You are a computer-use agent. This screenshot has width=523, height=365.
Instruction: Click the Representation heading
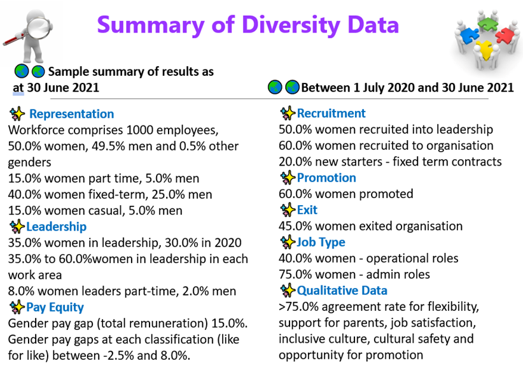(71, 114)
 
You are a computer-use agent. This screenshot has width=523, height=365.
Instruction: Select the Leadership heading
(56, 226)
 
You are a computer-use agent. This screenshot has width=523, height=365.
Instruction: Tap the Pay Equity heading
(55, 307)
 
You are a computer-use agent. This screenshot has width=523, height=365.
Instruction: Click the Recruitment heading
(331, 113)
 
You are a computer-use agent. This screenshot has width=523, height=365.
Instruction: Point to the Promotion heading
(326, 178)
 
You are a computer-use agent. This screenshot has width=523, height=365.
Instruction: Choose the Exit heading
(307, 210)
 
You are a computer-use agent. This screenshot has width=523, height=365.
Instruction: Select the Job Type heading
(321, 242)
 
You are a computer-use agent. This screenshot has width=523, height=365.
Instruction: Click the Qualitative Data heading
(342, 290)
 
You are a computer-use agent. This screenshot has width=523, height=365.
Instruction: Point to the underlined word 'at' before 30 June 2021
(18, 87)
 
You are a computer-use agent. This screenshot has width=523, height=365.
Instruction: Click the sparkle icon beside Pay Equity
(17, 307)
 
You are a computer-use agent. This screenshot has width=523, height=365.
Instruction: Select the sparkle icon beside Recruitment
(288, 113)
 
